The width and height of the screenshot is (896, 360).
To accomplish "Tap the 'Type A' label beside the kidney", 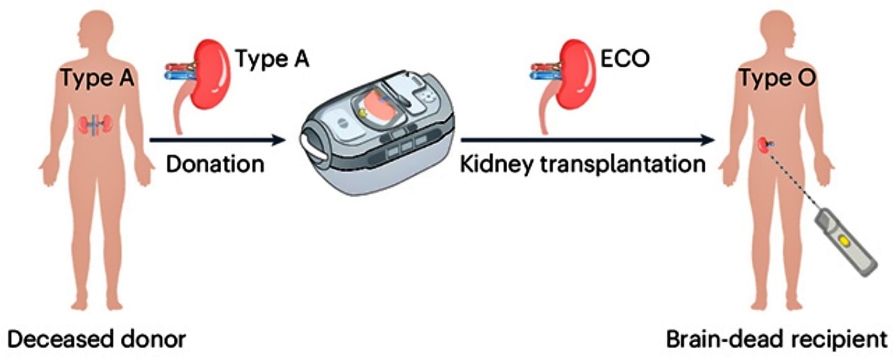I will pos(272,58).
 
